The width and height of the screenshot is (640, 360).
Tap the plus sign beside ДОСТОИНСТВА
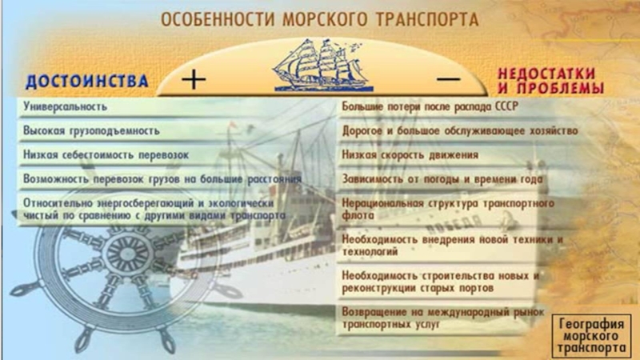click(x=194, y=79)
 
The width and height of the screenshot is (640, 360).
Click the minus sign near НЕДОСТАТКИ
click(x=449, y=79)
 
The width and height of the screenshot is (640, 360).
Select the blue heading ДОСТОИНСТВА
click(x=86, y=82)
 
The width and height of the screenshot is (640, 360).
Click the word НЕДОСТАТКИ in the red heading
click(x=546, y=74)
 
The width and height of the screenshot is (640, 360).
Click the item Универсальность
click(x=65, y=107)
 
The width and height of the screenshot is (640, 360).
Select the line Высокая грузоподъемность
click(x=91, y=131)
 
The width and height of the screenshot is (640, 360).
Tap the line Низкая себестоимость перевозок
click(x=106, y=155)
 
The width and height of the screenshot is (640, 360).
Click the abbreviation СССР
click(x=506, y=106)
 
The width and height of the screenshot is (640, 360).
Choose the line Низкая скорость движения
click(x=410, y=155)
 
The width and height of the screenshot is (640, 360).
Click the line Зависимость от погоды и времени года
click(x=442, y=179)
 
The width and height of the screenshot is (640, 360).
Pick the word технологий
click(x=370, y=252)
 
